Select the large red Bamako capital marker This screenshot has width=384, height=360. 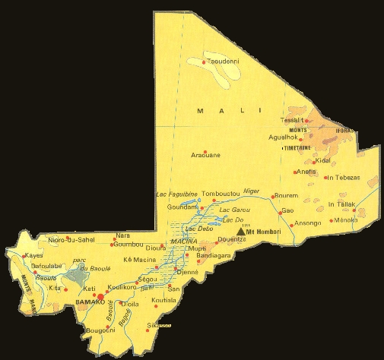(x=100, y=297)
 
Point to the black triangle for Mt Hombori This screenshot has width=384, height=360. (x=243, y=232)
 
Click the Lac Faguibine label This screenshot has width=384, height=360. (x=176, y=194)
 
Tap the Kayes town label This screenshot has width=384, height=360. (x=33, y=256)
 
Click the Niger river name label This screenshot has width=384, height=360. (x=252, y=191)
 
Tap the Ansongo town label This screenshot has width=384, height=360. (x=307, y=223)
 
